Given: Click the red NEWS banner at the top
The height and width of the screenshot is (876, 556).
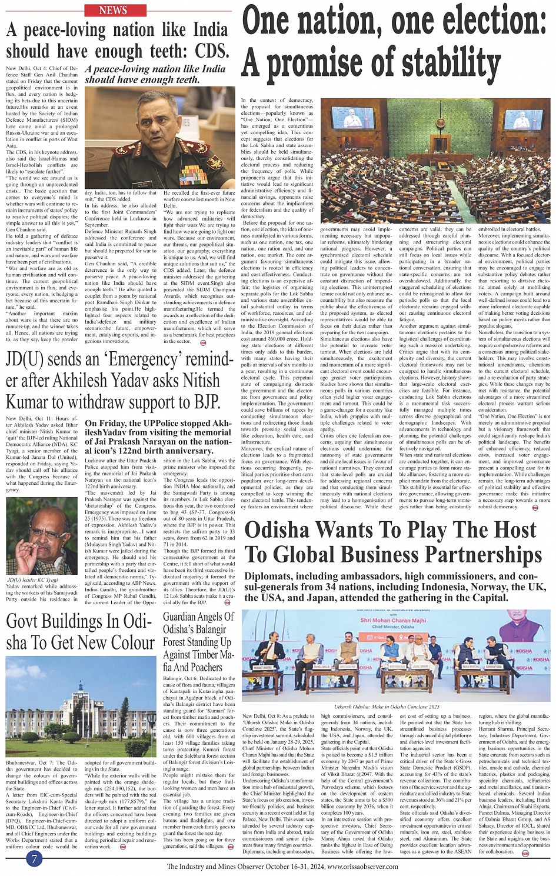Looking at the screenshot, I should pyautogui.click(x=115, y=10).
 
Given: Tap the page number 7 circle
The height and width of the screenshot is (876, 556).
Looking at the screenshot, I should pyautogui.click(x=34, y=859).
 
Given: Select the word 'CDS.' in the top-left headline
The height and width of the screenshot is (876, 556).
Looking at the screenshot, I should pyautogui.click(x=212, y=51).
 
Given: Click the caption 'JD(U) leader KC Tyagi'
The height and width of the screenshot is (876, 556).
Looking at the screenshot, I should pyautogui.click(x=32, y=579).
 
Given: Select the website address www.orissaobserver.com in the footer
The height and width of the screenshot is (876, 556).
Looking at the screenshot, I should pyautogui.click(x=363, y=866).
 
